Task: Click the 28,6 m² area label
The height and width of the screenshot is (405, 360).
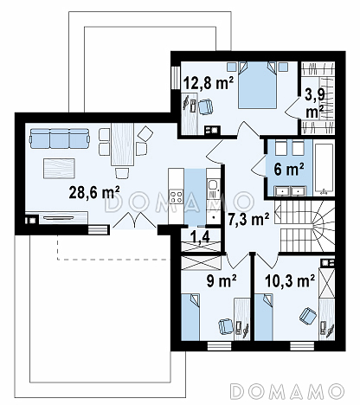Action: click(94, 192)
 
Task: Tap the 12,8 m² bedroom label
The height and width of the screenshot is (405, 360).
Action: click(209, 83)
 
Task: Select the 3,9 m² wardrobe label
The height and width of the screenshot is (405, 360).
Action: click(315, 103)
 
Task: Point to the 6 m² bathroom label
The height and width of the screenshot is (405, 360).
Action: click(289, 169)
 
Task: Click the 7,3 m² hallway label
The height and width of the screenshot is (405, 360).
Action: click(248, 219)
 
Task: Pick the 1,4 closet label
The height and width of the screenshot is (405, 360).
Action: click(200, 236)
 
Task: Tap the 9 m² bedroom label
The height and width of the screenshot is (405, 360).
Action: click(222, 280)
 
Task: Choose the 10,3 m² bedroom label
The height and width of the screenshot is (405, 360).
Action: click(290, 280)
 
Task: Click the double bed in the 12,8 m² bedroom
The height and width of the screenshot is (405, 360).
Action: click(258, 85)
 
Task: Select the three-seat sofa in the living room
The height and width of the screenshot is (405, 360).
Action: click(59, 138)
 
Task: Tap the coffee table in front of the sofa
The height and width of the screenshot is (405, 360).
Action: click(59, 168)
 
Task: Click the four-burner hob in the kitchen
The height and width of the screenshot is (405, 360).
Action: click(176, 196)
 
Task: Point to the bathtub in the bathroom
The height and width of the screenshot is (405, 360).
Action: click(324, 169)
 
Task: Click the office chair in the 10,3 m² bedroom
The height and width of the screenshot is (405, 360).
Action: click(307, 316)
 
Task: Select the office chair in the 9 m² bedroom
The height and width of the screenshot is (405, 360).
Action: click(226, 326)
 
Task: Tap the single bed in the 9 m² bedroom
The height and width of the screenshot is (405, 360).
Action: click(190, 318)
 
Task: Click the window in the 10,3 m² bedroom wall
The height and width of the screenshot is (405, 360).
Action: click(301, 346)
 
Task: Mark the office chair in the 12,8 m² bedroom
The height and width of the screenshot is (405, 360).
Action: click(205, 106)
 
